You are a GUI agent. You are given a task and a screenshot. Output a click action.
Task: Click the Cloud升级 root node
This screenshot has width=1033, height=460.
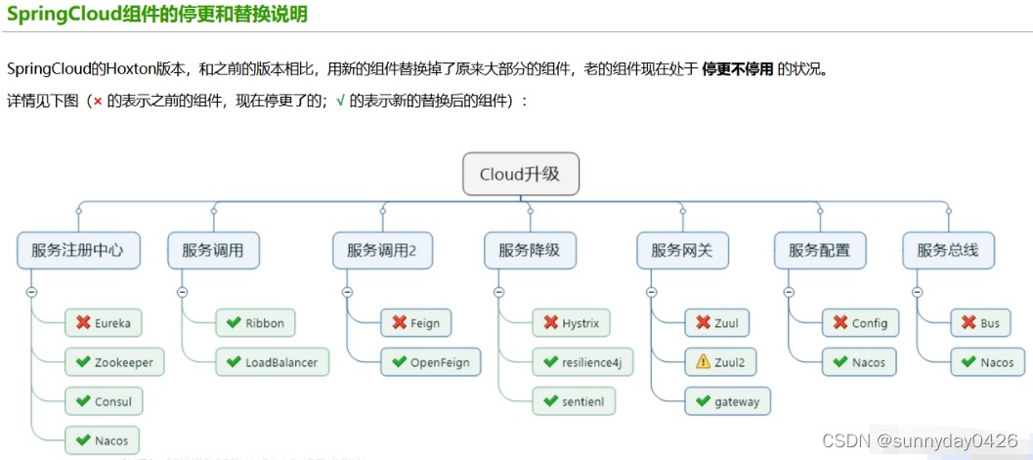pyautogui.click(x=521, y=175)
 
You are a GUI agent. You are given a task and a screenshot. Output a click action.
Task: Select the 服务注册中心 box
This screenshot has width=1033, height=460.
pyautogui.click(x=77, y=250)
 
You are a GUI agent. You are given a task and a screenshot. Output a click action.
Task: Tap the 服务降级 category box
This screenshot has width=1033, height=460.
pyautogui.click(x=529, y=250)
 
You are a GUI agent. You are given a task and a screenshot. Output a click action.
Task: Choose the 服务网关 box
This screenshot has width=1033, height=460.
pyautogui.click(x=681, y=250)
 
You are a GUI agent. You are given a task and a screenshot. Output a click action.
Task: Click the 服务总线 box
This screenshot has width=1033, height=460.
pyautogui.click(x=947, y=250)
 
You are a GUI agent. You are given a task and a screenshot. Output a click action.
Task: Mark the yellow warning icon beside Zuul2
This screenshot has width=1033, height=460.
pyautogui.click(x=703, y=362)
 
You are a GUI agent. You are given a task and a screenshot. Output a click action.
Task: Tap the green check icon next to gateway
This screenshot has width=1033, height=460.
pyautogui.click(x=703, y=401)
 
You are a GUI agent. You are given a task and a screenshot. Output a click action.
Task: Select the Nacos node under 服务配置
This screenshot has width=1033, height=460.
pyautogui.click(x=859, y=362)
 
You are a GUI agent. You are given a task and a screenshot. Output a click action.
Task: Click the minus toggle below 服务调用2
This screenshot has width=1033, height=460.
pyautogui.click(x=348, y=291)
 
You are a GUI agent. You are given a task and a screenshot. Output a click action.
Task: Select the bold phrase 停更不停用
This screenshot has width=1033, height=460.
pyautogui.click(x=738, y=69)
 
